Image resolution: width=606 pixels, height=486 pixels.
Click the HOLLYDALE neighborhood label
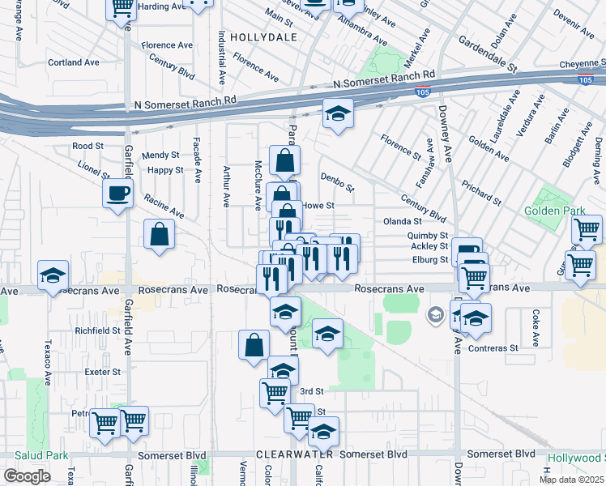tap(258, 37)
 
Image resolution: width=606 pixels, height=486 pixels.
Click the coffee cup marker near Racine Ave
tap(118, 193)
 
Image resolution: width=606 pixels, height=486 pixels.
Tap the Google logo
tap(27, 476)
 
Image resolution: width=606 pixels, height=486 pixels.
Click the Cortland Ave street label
tap(73, 62)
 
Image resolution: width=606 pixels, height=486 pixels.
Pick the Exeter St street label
tap(103, 373)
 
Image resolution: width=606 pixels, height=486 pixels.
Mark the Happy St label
tap(164, 170)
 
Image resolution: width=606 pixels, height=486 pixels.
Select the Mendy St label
tap(160, 155)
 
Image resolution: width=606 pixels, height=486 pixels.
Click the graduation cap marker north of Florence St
tap(339, 113)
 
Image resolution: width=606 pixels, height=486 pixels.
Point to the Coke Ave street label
tap(536, 319)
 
